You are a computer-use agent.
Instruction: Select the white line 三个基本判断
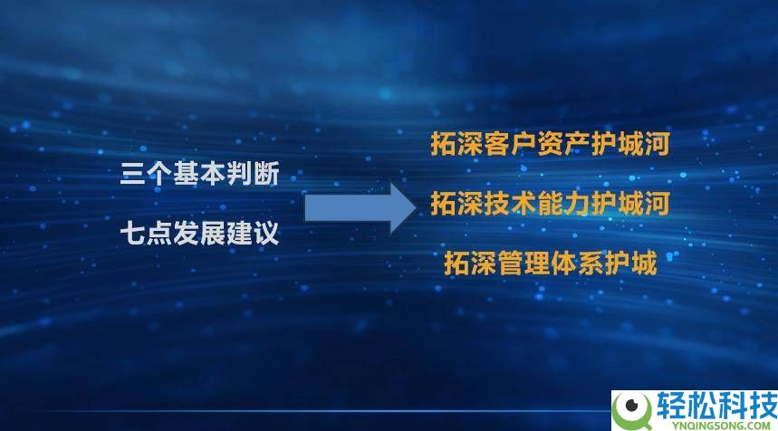200,174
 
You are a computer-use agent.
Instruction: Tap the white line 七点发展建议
200,235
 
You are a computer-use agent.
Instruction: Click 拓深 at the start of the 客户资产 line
457,144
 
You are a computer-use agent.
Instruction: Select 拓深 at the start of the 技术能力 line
457,204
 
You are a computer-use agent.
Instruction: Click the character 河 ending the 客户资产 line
657,144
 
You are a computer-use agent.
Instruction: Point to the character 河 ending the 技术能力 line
657,204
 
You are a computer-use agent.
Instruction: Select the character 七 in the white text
133,235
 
